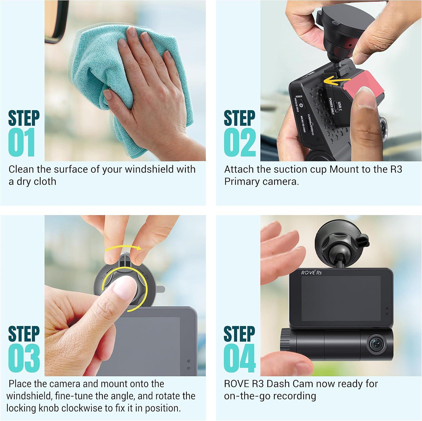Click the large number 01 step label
click(21, 142)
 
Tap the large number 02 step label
click(240, 142)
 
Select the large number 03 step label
click(24, 358)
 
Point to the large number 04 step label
click(240, 358)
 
